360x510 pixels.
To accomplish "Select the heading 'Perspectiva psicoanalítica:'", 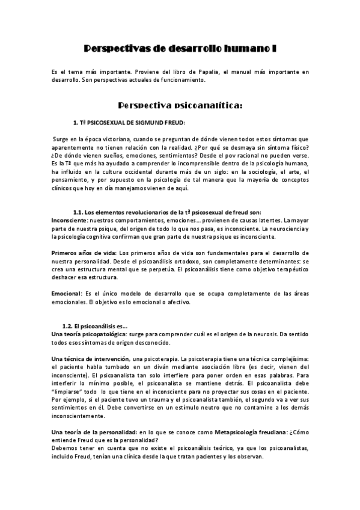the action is (180, 106).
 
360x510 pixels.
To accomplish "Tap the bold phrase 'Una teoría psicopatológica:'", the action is (88, 334).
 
